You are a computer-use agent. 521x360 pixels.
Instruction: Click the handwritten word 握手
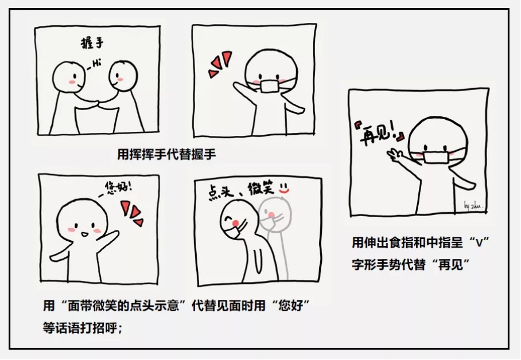(x=92, y=43)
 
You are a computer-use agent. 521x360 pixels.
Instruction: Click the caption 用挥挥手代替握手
(x=167, y=154)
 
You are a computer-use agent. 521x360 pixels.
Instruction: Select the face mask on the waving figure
(x=270, y=85)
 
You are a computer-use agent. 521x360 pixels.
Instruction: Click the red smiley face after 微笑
(x=284, y=188)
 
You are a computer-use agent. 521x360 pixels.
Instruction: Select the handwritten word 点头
(x=221, y=193)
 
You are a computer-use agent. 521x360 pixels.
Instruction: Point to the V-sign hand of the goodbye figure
(x=395, y=154)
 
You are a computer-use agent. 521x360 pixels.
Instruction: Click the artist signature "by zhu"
(x=473, y=206)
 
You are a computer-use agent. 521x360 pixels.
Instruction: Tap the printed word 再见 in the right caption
(x=451, y=265)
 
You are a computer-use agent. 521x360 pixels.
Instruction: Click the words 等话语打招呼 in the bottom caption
(x=80, y=328)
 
